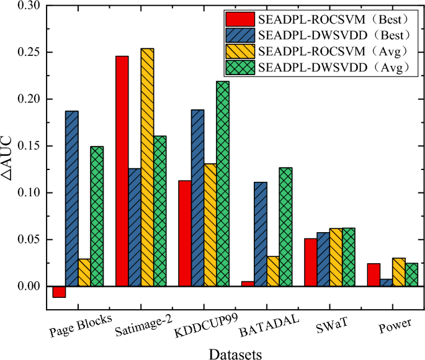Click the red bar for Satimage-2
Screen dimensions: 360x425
click(122, 171)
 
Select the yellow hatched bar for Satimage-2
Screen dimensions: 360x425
click(148, 168)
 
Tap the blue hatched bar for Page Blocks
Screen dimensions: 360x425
click(72, 199)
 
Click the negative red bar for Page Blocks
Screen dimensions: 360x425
click(59, 292)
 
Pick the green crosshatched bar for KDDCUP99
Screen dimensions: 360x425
click(223, 184)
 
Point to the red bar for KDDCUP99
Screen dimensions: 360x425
click(185, 233)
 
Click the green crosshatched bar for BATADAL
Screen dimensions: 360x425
click(285, 227)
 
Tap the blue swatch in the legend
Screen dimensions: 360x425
click(241, 34)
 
